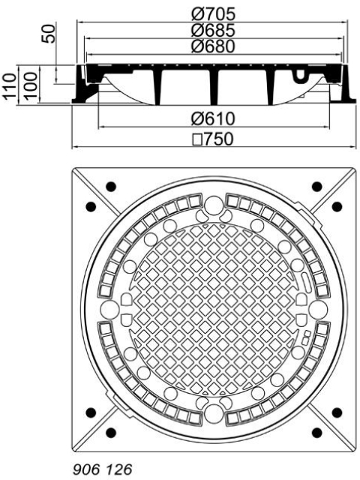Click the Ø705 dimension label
[x=213, y=13]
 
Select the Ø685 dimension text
[x=213, y=30]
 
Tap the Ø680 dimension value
[x=213, y=46]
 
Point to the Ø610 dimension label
[x=213, y=119]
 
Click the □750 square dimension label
[x=213, y=139]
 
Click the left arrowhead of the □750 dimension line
[x=74, y=147]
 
